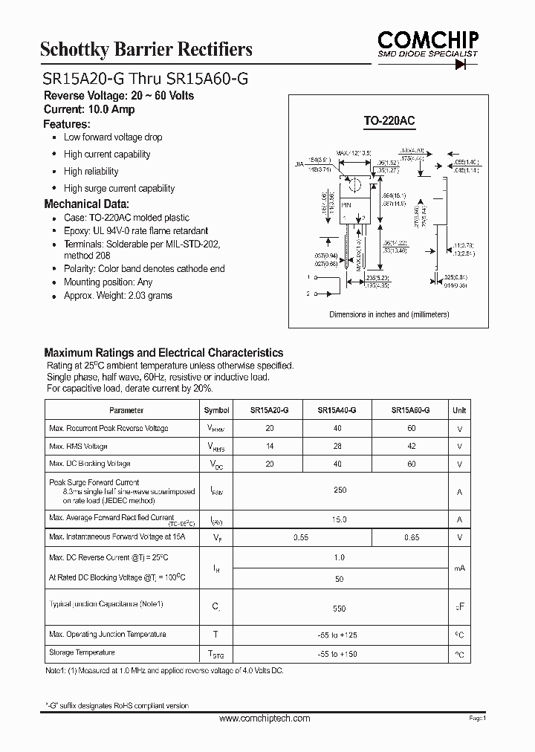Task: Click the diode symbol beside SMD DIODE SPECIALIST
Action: (x=466, y=64)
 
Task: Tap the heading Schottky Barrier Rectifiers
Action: (x=146, y=50)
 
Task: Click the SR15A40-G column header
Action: (x=337, y=410)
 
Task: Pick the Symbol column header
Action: (x=216, y=410)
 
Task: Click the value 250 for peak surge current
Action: (x=340, y=490)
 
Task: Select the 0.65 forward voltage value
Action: (x=411, y=536)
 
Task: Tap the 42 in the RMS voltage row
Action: (x=411, y=446)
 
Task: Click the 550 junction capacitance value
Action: (x=340, y=608)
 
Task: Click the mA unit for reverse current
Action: (x=460, y=568)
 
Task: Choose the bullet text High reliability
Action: (x=91, y=172)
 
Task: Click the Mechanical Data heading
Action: (x=86, y=204)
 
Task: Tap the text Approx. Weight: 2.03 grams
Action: (x=117, y=296)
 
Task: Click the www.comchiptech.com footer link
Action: (x=265, y=719)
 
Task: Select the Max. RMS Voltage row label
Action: (x=78, y=446)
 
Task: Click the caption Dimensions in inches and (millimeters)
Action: (x=389, y=314)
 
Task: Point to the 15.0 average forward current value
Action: (x=340, y=519)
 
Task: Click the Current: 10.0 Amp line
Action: (x=89, y=110)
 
